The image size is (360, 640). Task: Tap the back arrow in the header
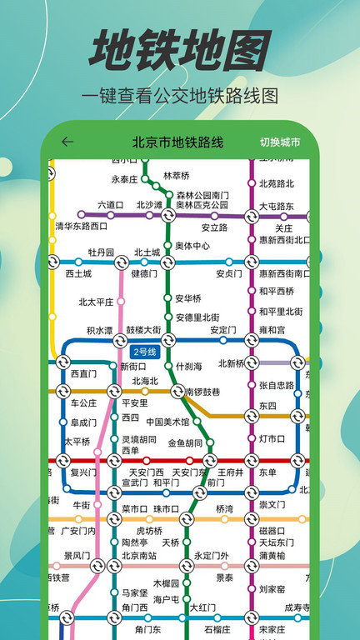coord(67,142)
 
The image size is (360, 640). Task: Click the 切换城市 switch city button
coord(279,142)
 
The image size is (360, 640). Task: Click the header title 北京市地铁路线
coord(177,142)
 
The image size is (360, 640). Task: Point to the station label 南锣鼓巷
coord(202,391)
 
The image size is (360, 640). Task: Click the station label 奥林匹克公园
coord(202,204)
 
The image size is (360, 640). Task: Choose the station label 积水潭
coord(99,330)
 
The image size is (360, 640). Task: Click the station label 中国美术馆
coord(167,422)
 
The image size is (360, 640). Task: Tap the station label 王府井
coord(230,472)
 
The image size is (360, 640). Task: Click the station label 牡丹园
coord(101,252)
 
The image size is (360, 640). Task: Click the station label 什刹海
coord(190,366)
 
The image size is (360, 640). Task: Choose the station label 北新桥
coord(232,362)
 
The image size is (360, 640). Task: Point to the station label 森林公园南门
coord(202,194)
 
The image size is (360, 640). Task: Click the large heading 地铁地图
coord(179,52)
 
